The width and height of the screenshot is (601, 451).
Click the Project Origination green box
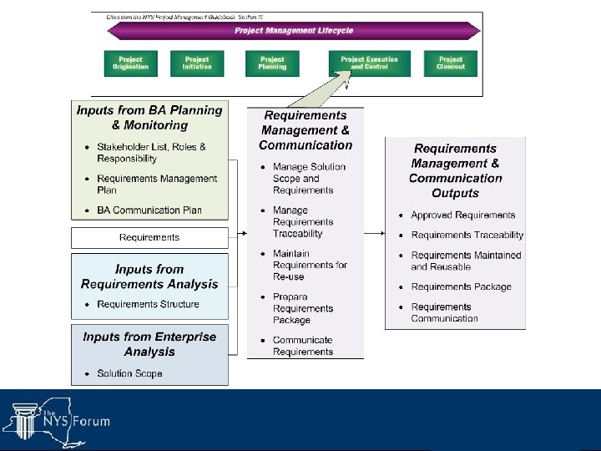130,63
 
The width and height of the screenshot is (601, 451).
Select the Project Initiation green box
197,63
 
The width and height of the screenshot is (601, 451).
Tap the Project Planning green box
272,63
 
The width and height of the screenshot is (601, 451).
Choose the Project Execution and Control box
369,63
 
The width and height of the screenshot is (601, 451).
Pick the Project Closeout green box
450,63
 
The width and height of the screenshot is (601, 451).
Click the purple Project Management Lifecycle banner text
294,31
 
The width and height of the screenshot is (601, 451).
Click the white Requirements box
149,238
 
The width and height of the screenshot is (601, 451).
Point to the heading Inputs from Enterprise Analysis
149,344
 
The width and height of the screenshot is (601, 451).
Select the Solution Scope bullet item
129,373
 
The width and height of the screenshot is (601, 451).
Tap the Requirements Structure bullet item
148,304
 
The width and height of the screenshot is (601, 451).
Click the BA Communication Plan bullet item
149,210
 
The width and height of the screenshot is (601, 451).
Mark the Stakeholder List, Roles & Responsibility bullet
151,152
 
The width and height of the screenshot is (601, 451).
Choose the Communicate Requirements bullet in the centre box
302,346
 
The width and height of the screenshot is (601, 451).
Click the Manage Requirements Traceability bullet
302,222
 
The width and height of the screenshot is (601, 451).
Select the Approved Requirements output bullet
462,215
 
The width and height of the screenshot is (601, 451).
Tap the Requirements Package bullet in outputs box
461,286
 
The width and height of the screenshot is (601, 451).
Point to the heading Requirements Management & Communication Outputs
456,170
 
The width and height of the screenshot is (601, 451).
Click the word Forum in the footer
92,422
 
